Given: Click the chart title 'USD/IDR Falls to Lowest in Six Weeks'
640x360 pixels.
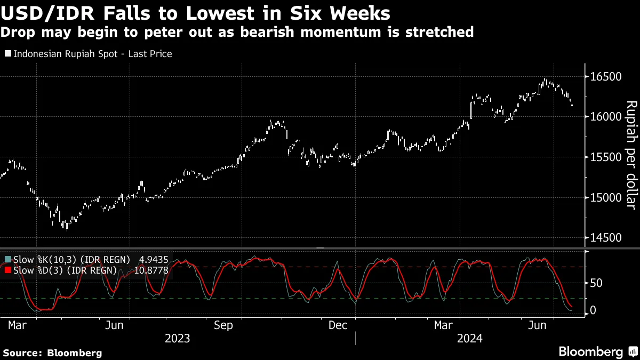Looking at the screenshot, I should click(195, 13).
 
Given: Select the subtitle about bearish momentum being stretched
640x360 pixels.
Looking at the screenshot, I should click(237, 32).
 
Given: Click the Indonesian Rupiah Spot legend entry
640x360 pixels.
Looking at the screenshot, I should click(88, 54).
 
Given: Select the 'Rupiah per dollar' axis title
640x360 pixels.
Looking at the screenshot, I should click(631, 155).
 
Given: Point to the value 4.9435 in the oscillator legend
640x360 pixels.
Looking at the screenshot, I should click(154, 260).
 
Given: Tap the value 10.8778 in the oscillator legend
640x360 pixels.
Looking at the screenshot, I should click(151, 270).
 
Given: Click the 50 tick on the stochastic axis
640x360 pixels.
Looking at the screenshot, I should click(597, 283).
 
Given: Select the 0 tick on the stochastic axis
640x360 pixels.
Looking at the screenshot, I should click(593, 311).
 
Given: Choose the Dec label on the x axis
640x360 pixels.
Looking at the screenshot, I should click(339, 325).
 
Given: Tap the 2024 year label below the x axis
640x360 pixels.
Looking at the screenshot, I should click(469, 339).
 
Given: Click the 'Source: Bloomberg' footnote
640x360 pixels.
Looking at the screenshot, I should click(52, 353).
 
